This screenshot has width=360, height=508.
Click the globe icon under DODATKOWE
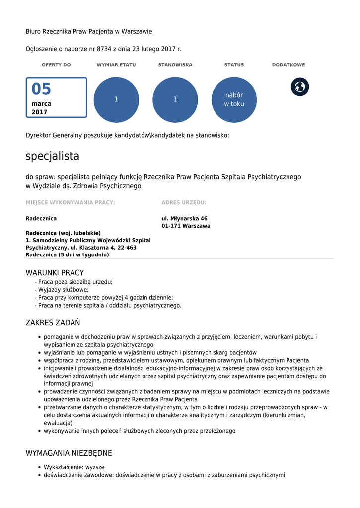(x=300, y=87)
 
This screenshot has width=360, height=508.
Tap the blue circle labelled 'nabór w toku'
(x=234, y=100)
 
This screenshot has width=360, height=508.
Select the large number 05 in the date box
(x=42, y=89)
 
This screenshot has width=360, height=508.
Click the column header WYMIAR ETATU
(x=116, y=65)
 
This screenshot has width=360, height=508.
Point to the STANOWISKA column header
(x=175, y=65)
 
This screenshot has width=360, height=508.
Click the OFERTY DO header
(x=56, y=65)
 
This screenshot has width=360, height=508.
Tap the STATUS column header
(x=234, y=65)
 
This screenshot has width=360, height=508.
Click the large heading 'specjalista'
(x=53, y=156)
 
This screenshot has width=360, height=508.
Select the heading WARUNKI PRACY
(x=55, y=273)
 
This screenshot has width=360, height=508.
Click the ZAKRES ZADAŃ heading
(x=53, y=323)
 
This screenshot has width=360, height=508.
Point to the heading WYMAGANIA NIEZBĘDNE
(x=69, y=453)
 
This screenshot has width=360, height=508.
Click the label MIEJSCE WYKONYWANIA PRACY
(x=70, y=202)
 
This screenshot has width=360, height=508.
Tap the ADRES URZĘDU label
(x=184, y=202)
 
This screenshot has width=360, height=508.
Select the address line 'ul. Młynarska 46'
(x=184, y=218)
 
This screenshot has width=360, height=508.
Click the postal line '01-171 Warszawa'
(x=186, y=226)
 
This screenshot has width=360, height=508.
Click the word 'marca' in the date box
(x=41, y=104)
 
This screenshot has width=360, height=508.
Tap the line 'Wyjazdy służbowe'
(x=63, y=290)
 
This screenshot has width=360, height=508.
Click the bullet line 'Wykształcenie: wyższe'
(x=74, y=467)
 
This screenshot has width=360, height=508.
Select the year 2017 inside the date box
(x=39, y=112)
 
